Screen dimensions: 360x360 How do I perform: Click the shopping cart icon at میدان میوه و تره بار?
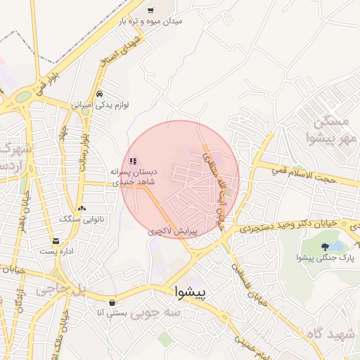tap(150, 11)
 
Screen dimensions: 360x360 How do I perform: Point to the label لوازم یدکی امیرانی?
tap(100, 105)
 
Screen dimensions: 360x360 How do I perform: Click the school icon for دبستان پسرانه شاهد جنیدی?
tap(134, 160)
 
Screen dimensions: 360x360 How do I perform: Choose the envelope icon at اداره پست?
tap(56, 241)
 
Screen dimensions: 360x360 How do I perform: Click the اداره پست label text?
tap(56, 251)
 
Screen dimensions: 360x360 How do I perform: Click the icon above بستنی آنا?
tap(112, 302)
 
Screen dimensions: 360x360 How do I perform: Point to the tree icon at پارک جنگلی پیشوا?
tap(324, 246)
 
